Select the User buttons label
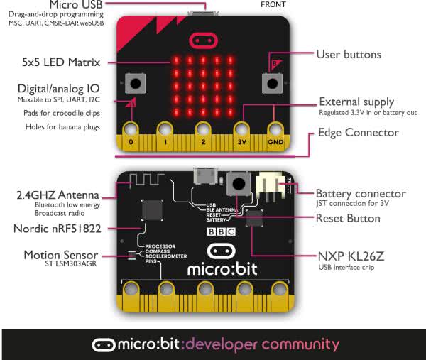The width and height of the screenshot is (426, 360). tap(349, 55)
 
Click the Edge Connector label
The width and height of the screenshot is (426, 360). tap(359, 133)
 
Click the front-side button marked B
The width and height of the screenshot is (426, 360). tap(273, 83)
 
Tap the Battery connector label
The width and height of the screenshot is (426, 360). tap(360, 194)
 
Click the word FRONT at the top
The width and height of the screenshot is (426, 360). tap(273, 4)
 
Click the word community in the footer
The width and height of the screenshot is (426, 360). tap(300, 345)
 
